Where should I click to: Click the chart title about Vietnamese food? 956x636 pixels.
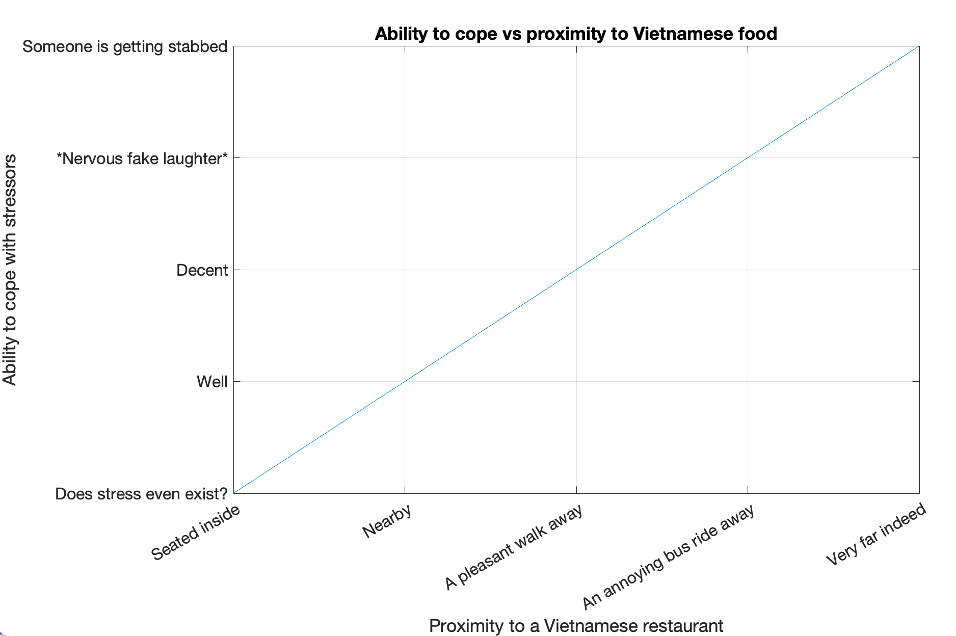(x=576, y=34)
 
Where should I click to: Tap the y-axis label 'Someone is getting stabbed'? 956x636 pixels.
(x=125, y=46)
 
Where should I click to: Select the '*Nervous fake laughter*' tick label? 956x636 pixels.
(x=142, y=158)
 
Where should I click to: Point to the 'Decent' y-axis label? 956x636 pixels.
(x=202, y=270)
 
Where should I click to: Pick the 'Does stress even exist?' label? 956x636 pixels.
(x=141, y=494)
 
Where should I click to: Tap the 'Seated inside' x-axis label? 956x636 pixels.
(x=196, y=533)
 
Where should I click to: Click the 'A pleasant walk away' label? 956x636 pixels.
(x=513, y=548)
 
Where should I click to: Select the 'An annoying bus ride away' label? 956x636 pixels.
(x=668, y=559)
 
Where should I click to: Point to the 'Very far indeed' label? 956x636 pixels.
(x=875, y=534)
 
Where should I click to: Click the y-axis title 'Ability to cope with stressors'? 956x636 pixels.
(x=10, y=270)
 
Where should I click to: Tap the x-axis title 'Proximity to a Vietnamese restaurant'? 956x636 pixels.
(x=576, y=625)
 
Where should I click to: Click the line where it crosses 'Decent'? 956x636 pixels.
(x=576, y=270)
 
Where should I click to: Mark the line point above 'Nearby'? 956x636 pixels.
(x=405, y=381)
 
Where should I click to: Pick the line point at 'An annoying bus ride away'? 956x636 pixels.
(x=748, y=158)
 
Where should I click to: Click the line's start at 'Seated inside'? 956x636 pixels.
(x=234, y=493)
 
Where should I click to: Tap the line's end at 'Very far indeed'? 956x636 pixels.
(x=919, y=46)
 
